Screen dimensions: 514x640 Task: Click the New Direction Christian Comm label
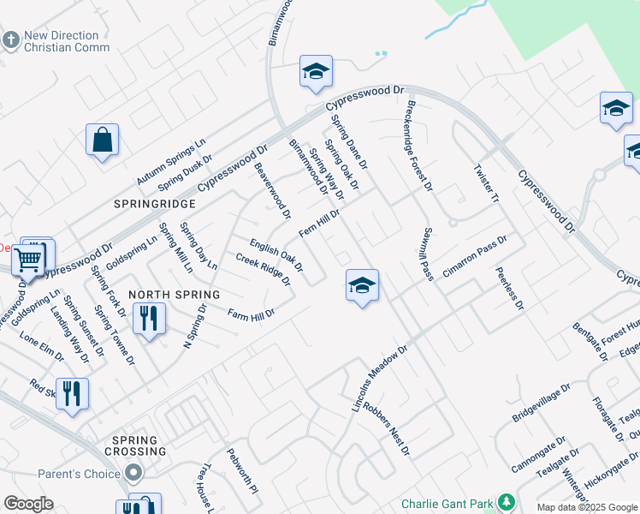click(67, 41)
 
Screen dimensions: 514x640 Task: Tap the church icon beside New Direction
click(10, 40)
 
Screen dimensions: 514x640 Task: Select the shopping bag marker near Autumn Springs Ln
click(102, 140)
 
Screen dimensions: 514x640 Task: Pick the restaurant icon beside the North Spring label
click(149, 319)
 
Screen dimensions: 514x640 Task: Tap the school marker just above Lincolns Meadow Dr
click(362, 285)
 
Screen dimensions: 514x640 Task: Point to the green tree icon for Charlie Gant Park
click(507, 501)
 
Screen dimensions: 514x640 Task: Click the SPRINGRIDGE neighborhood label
click(156, 204)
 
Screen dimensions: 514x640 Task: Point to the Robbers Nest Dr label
click(387, 426)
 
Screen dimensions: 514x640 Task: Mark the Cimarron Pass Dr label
click(475, 256)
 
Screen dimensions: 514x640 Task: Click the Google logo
click(29, 504)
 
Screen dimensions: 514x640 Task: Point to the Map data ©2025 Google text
click(585, 507)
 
